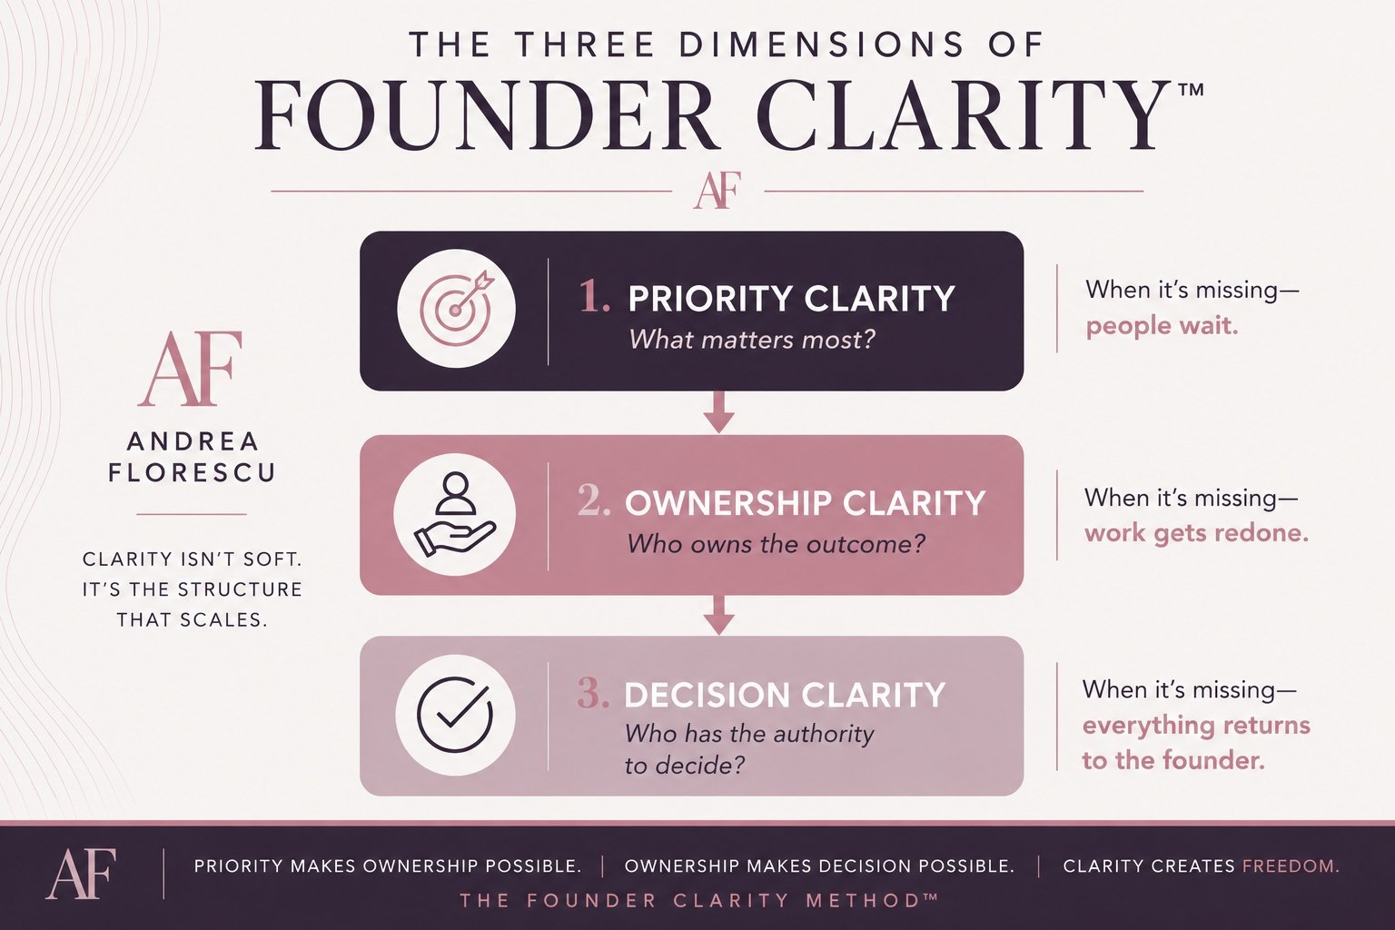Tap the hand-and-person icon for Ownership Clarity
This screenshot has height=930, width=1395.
(x=455, y=515)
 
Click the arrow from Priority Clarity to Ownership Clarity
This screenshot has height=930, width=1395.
(x=718, y=412)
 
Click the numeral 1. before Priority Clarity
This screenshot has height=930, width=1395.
(x=595, y=296)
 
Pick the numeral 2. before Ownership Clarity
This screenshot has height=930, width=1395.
(x=594, y=501)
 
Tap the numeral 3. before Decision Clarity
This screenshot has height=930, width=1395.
(x=593, y=694)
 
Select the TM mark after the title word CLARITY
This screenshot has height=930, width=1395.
(x=1191, y=90)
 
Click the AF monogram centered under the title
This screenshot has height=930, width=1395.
(x=717, y=190)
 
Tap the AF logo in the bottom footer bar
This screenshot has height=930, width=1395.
(x=81, y=874)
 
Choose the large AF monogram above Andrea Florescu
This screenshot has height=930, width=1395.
(x=190, y=369)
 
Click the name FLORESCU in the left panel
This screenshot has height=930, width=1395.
(x=192, y=473)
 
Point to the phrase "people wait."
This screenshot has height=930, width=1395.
(x=1162, y=327)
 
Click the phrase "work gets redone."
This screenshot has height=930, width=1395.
(x=1196, y=534)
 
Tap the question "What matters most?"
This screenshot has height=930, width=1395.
(x=752, y=340)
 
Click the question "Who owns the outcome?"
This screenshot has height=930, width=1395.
(x=776, y=544)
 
